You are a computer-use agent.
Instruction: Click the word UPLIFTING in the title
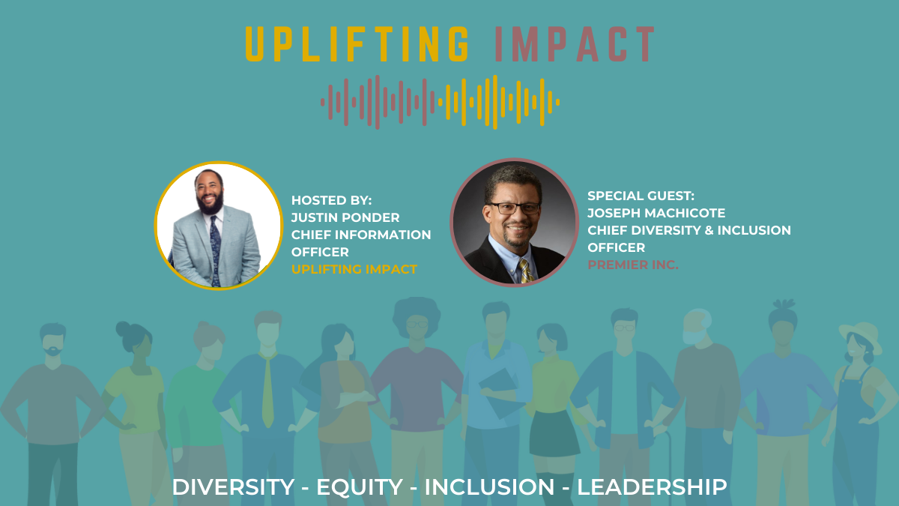pos(357,44)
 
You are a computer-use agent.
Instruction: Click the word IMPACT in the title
pos(575,44)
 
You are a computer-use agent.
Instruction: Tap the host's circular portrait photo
pos(219,226)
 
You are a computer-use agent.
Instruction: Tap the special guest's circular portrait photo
pos(514,222)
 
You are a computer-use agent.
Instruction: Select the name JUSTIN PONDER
pos(345,217)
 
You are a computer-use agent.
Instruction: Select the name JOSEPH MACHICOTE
pos(656,213)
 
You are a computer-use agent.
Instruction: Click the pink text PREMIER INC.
pos(633,265)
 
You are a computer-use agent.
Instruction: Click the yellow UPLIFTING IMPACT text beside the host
pos(354,269)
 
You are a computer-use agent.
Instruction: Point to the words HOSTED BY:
pos(331,200)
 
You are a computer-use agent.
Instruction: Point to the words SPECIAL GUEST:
pos(641,196)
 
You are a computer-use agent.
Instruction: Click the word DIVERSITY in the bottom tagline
pos(233,487)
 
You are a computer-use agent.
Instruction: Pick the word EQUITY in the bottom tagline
pos(359,487)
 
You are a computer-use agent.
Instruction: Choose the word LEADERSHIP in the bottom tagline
pos(652,487)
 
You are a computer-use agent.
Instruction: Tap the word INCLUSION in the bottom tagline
pos(489,487)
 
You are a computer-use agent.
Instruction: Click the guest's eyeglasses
pos(514,208)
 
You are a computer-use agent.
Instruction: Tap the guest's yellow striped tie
pos(525,271)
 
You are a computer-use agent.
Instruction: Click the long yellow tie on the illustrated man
pos(267,391)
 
